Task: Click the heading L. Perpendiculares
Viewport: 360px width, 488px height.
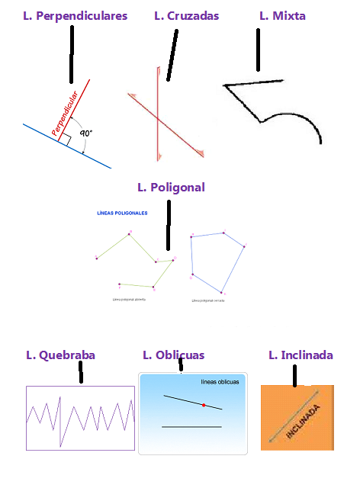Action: tap(76, 15)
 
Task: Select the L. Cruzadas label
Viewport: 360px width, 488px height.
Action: tap(187, 15)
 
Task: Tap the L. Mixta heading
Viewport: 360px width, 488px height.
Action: tap(282, 15)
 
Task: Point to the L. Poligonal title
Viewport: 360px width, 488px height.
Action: tap(171, 187)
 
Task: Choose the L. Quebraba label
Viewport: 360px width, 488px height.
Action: tap(60, 355)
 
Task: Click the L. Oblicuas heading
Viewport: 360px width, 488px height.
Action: tap(173, 355)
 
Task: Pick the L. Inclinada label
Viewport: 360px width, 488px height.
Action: tap(301, 355)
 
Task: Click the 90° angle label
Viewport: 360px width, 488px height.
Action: tap(85, 133)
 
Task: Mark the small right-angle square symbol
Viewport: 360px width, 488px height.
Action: tap(66, 139)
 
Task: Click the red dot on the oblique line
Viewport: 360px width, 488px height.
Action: tap(204, 405)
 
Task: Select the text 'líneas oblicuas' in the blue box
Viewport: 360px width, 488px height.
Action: tap(220, 382)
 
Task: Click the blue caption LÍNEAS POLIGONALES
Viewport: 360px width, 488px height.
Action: tap(122, 213)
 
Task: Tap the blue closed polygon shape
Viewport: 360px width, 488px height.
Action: tap(217, 259)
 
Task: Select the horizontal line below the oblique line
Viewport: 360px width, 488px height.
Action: tap(191, 427)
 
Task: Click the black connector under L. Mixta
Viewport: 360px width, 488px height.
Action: tap(259, 50)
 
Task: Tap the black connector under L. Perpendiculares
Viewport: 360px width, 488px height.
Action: tap(72, 53)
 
